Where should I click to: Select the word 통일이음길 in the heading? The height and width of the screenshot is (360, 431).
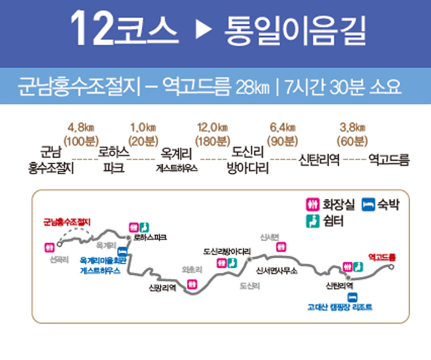[295, 30]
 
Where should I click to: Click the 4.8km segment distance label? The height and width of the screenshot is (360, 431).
[81, 128]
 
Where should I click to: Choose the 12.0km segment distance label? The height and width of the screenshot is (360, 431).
[213, 128]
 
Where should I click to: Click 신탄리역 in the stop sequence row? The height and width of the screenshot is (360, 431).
[319, 160]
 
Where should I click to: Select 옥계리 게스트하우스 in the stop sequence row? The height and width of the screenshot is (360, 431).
[177, 160]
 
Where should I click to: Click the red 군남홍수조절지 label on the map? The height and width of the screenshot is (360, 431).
[67, 222]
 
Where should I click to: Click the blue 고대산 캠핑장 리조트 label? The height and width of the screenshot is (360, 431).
[340, 307]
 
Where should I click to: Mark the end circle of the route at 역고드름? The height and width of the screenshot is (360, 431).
[391, 267]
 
